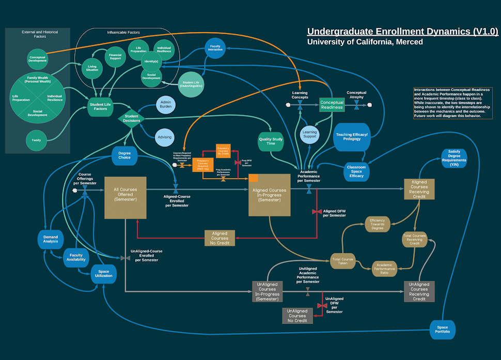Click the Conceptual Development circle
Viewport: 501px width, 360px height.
tap(37, 58)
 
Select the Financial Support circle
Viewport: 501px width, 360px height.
tap(115, 56)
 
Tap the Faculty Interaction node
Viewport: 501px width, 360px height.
tap(215, 48)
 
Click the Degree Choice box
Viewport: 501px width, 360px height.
tap(124, 156)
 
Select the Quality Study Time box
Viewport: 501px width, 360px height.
tap(271, 141)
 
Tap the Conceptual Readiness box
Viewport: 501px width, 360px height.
tap(332, 105)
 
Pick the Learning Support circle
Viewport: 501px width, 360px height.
tap(309, 135)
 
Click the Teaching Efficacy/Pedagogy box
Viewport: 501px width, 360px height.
tap(352, 137)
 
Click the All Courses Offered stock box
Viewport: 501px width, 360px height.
tap(126, 197)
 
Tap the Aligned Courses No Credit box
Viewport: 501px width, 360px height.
tap(220, 238)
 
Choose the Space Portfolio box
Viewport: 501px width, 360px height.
tap(443, 329)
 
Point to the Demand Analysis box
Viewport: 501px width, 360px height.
tap(51, 239)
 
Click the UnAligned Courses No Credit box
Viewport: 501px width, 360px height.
tap(298, 316)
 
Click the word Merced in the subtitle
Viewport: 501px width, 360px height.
tap(407, 42)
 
